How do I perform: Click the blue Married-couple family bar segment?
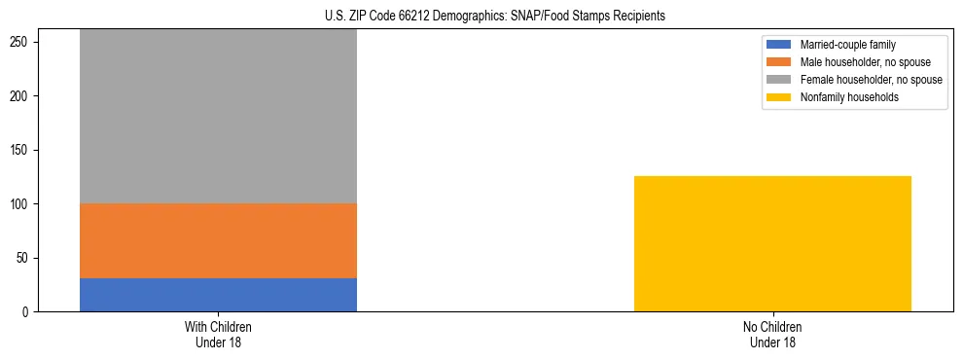pos(218,295)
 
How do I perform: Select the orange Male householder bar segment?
pos(218,240)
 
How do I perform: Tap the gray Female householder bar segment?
pos(218,117)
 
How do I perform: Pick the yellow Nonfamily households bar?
pos(772,243)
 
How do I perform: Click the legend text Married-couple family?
pos(847,45)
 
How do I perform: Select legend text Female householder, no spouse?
pos(871,80)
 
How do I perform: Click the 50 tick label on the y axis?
pos(25,258)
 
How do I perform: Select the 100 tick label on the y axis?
pos(22,204)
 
